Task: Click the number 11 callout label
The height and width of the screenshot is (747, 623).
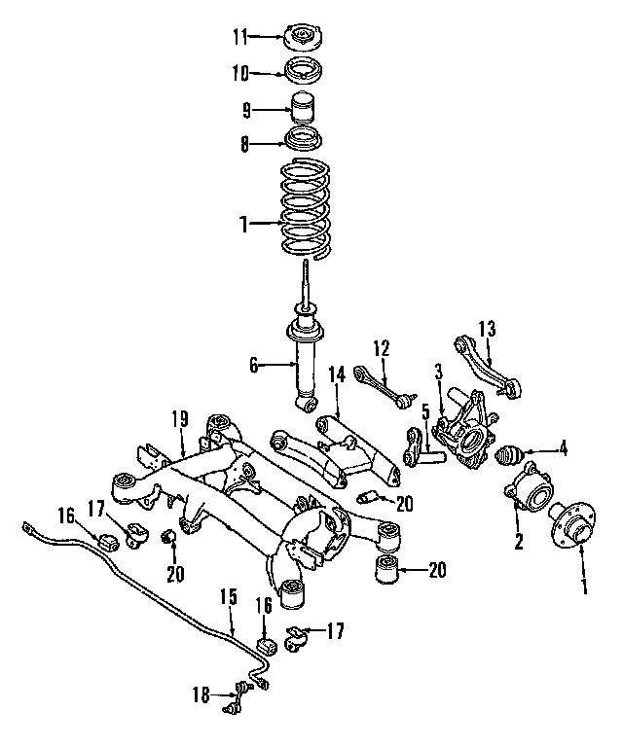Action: pos(240,37)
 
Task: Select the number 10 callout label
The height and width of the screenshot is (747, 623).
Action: pos(240,72)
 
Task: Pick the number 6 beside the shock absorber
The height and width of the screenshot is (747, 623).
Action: pos(253,365)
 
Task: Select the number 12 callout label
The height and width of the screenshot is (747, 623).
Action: pos(382,347)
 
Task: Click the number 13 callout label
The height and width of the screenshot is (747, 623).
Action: pos(487,328)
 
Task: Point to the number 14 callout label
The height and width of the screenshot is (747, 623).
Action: pos(336,374)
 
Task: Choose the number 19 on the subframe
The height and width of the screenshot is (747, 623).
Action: pos(179,419)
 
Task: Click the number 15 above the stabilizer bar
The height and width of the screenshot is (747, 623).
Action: pos(228,594)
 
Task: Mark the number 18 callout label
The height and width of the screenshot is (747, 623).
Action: pos(201,694)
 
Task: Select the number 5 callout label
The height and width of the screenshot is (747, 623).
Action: pos(425,409)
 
